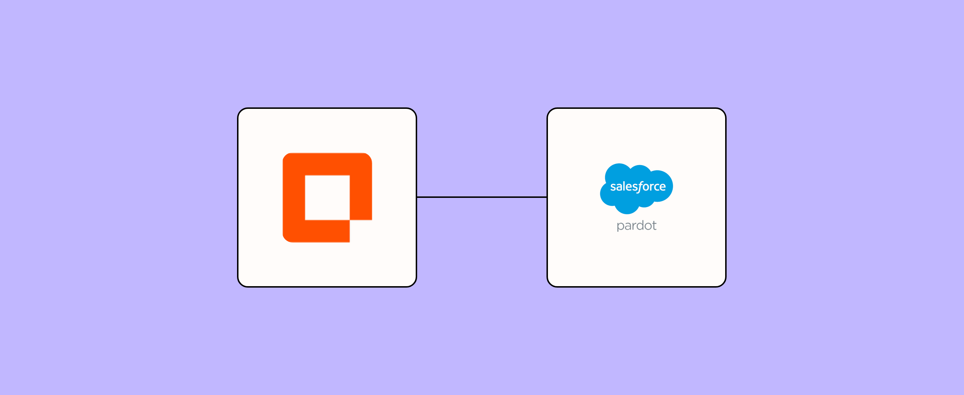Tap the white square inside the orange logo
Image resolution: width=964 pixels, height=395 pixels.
tap(327, 197)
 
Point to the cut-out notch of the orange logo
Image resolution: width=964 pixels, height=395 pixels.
tap(361, 231)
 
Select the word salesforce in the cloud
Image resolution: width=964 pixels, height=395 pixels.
tap(638, 186)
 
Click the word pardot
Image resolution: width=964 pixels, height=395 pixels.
tap(636, 225)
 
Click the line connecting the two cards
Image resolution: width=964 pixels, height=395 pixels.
tap(482, 197)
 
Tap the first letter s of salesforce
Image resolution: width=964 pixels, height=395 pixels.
tap(613, 187)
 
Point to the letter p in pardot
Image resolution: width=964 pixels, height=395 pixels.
tap(620, 226)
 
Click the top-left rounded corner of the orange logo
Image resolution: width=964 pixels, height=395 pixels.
tap(287, 157)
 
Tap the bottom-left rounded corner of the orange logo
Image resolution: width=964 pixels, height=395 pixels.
tap(287, 238)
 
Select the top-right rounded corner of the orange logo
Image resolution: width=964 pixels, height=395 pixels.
tap(368, 157)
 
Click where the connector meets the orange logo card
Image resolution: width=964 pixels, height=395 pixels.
tap(417, 197)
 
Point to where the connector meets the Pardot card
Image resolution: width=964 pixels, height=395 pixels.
tap(547, 197)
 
